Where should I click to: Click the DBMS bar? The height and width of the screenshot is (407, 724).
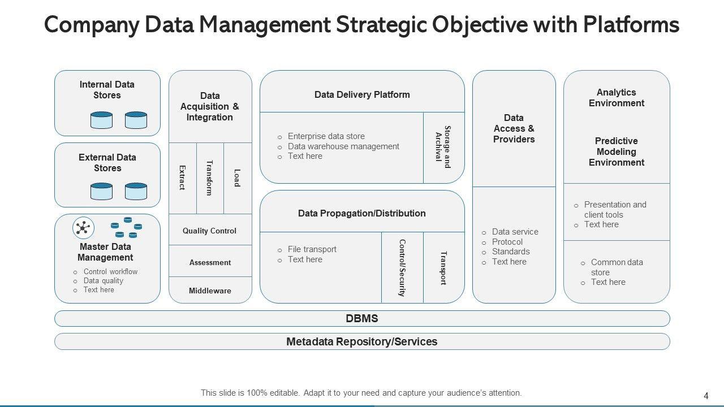pyautogui.click(x=362, y=319)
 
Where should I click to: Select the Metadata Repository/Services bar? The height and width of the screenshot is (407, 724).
pyautogui.click(x=362, y=342)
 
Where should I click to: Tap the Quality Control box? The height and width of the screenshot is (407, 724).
pyautogui.click(x=210, y=231)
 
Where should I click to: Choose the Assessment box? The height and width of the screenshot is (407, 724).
pyautogui.click(x=210, y=262)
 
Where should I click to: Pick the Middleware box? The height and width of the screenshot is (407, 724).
pyautogui.click(x=210, y=291)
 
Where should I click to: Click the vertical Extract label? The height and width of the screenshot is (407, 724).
pyautogui.click(x=182, y=177)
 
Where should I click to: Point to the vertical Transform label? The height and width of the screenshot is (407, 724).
pyautogui.click(x=210, y=177)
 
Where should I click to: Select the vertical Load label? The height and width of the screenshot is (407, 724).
pyautogui.click(x=237, y=177)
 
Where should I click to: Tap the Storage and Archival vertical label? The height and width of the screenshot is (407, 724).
pyautogui.click(x=443, y=147)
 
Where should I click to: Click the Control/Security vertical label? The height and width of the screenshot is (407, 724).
pyautogui.click(x=402, y=267)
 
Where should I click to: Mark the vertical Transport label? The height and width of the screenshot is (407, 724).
pyautogui.click(x=443, y=267)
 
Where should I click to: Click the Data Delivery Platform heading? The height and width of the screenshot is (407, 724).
pyautogui.click(x=362, y=95)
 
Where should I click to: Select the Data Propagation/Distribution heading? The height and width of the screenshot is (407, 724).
pyautogui.click(x=362, y=214)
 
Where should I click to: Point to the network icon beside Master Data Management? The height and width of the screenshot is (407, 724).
pyautogui.click(x=84, y=228)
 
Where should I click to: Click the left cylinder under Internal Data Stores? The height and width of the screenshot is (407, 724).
pyautogui.click(x=102, y=120)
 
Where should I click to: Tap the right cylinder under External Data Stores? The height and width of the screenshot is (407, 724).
pyautogui.click(x=136, y=191)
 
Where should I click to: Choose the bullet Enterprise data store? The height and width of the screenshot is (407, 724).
pyautogui.click(x=326, y=136)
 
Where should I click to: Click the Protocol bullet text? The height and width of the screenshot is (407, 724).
pyautogui.click(x=507, y=242)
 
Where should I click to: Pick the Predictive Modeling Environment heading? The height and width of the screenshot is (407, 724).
pyautogui.click(x=617, y=151)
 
